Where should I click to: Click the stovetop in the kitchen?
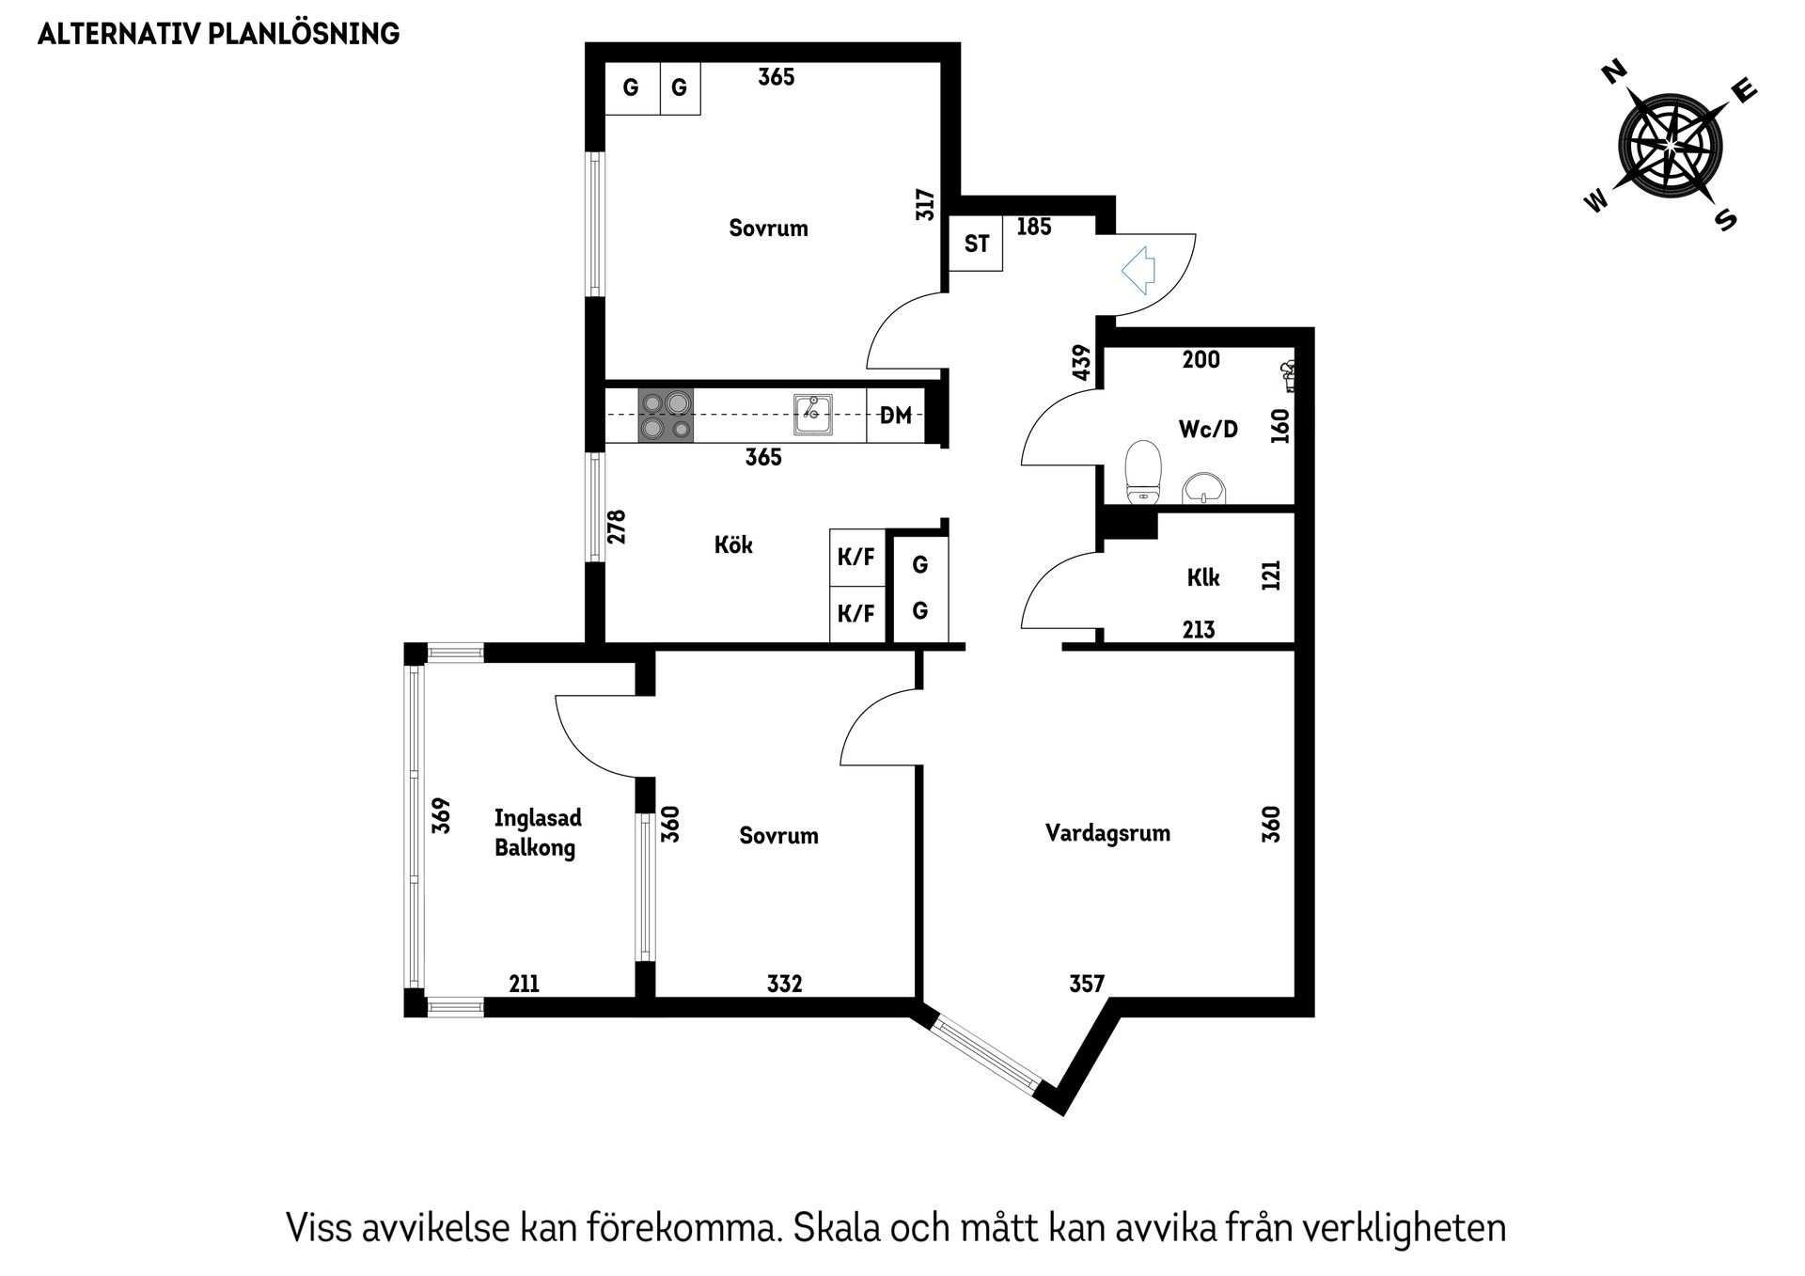tap(666, 415)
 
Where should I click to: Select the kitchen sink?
tap(812, 414)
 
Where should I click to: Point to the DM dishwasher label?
tap(895, 415)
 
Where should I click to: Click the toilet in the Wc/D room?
tap(1144, 469)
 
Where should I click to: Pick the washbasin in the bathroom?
tap(1204, 487)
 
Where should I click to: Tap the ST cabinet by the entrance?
tap(976, 244)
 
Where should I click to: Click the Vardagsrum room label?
tap(1107, 833)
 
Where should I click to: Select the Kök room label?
tap(733, 544)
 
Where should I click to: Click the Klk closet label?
tap(1203, 577)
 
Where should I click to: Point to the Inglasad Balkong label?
tap(537, 833)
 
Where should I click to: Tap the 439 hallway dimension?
tap(1081, 363)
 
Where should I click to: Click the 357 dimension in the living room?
tap(1087, 984)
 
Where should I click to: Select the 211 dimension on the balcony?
tap(525, 984)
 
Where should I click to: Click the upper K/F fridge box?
tap(857, 558)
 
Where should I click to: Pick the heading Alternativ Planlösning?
tap(218, 34)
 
